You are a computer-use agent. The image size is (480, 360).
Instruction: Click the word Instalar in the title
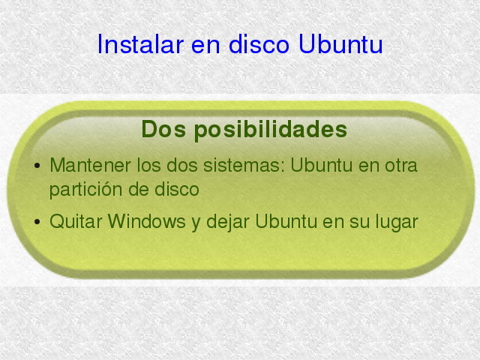coord(140,44)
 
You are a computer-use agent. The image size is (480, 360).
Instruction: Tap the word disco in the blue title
coord(259,44)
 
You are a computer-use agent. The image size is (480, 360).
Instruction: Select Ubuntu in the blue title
coord(340,44)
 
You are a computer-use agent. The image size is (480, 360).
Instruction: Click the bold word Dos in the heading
coord(163,129)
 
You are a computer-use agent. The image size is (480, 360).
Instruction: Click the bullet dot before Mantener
coord(37,166)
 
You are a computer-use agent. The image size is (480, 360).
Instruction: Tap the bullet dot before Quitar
coord(37,221)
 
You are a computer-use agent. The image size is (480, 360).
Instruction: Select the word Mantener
coord(90,165)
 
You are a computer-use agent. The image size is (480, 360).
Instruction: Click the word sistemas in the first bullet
coord(246,165)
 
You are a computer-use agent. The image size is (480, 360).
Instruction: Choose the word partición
coord(86,190)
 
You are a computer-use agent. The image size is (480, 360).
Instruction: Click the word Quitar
coord(76,221)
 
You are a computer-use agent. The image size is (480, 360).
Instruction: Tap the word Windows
coord(147,221)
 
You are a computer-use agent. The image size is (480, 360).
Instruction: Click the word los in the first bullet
coord(148,165)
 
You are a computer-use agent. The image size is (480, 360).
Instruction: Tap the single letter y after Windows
coord(196,223)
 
